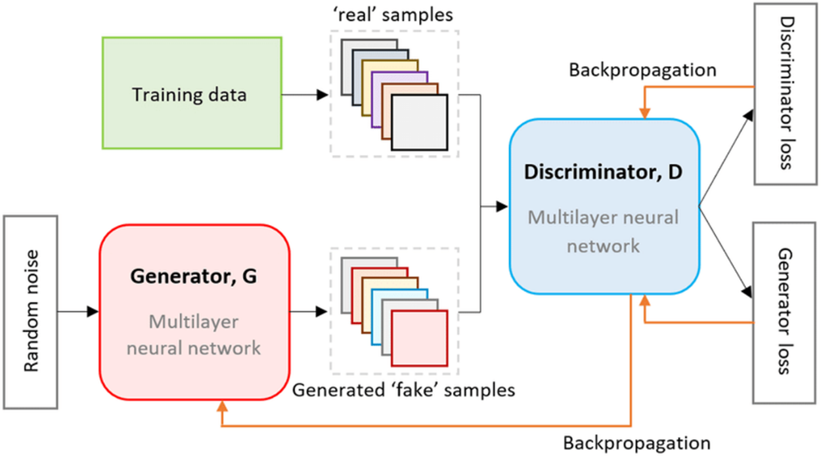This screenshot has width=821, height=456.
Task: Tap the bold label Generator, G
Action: pos(194,276)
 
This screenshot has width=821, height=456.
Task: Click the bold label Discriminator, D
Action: pos(604,173)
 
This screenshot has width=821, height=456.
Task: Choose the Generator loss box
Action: pos(786,311)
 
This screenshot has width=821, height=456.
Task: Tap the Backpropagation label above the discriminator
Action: pos(642,70)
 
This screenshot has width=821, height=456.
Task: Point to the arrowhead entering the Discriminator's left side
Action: pos(502,206)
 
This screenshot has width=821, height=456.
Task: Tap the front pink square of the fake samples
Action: pos(419,338)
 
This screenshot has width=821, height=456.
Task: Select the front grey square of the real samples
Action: pos(419,123)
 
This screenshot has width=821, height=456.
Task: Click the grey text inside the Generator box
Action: pos(194,334)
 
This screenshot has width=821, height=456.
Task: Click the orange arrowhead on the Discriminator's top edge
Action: pos(646,113)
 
